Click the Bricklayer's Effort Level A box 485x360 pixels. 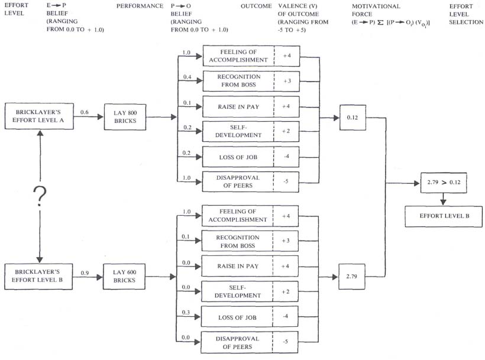[39, 116]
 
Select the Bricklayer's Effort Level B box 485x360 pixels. [38, 276]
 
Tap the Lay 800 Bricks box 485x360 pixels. [125, 117]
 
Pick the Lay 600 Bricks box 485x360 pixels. [124, 276]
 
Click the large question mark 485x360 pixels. [40, 197]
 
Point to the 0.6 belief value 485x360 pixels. [85, 112]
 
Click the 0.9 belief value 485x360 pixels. [85, 273]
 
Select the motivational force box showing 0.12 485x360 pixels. [353, 118]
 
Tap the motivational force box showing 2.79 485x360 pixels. [352, 277]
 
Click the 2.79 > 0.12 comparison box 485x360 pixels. [444, 183]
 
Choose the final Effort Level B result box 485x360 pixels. [444, 216]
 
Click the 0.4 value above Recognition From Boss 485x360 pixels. [187, 77]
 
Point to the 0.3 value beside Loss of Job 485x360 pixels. [186, 312]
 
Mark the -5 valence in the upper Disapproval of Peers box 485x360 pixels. [286, 181]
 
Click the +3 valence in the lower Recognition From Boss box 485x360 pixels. [286, 241]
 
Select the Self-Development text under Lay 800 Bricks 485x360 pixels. [238, 131]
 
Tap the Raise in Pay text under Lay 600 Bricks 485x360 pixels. [238, 266]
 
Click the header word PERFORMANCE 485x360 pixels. [140, 6]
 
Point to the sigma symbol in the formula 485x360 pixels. [380, 22]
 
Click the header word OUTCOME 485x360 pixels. [256, 6]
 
